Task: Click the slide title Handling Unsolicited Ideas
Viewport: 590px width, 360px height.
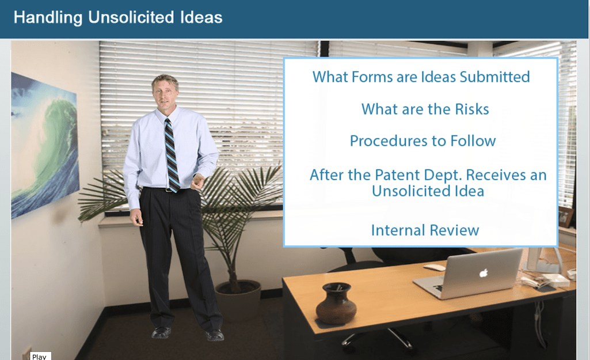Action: tap(118, 18)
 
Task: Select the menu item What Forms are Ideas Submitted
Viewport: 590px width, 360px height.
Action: tap(421, 77)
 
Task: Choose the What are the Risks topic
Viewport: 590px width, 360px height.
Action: tap(425, 109)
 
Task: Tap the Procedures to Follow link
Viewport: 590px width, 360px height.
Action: tap(422, 141)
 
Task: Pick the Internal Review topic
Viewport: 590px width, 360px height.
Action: tap(425, 230)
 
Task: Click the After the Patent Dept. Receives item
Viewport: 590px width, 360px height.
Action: tap(428, 183)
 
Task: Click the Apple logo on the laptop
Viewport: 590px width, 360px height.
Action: tap(484, 273)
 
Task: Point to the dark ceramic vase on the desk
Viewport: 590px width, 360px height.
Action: tap(336, 304)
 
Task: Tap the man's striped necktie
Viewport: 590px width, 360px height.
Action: tap(172, 156)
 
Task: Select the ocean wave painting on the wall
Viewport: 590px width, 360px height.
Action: tap(44, 145)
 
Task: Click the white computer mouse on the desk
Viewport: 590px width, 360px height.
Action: tap(435, 267)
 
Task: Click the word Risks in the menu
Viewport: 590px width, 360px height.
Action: tap(472, 109)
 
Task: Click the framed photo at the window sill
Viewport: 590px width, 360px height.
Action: tap(565, 217)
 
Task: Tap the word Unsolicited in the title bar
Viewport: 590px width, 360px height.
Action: tap(131, 18)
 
